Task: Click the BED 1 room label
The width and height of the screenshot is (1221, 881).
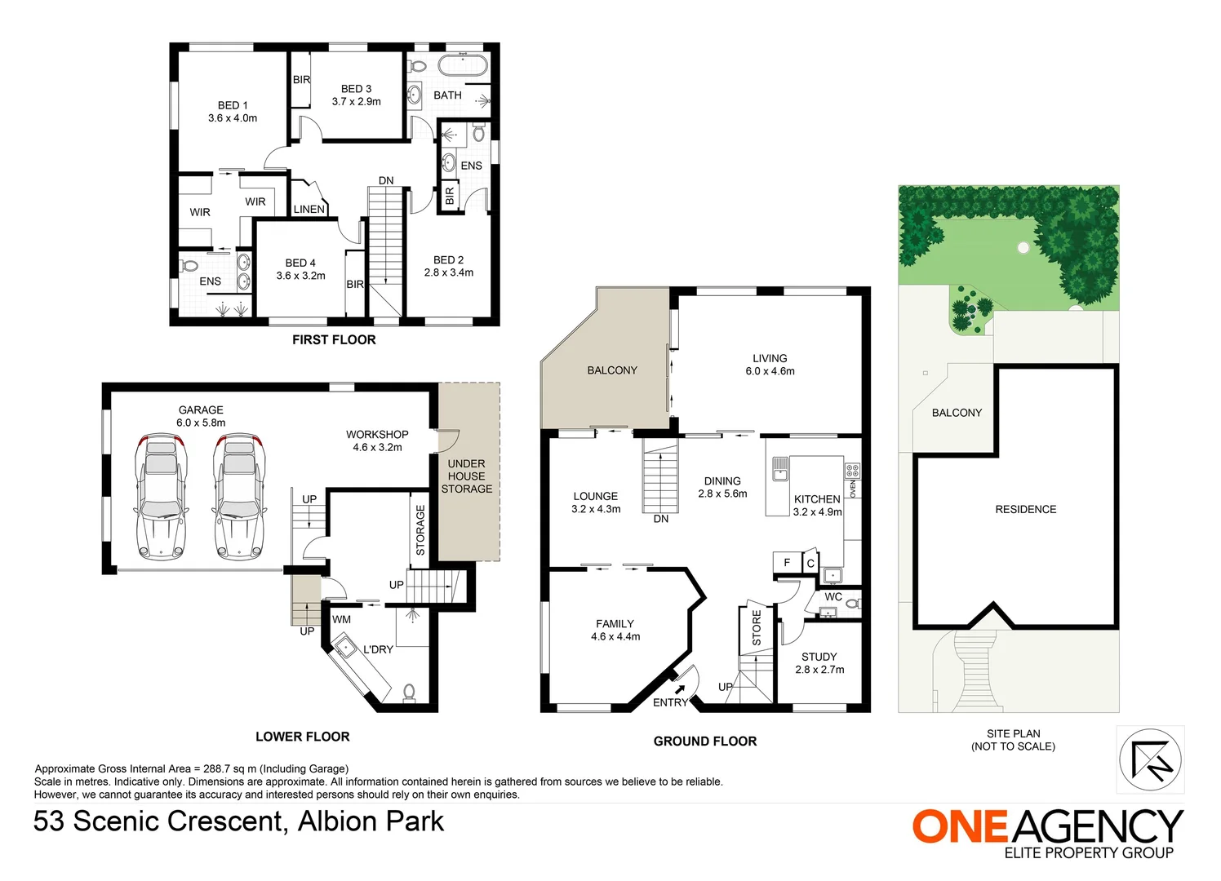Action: click(x=233, y=112)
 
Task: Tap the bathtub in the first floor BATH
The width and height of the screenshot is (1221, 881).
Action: click(x=463, y=66)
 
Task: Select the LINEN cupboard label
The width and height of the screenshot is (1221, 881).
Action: click(x=309, y=210)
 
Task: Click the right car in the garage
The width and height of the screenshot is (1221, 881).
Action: click(x=239, y=498)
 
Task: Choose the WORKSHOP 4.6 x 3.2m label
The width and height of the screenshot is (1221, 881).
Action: click(x=377, y=440)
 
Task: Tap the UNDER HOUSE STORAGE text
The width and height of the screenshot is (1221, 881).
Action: click(x=467, y=476)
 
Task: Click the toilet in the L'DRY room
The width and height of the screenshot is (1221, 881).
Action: click(x=410, y=693)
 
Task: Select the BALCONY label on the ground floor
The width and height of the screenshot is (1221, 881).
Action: click(x=612, y=370)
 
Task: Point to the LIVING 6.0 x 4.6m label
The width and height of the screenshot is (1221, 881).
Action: click(x=770, y=365)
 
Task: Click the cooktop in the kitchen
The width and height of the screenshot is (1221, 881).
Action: click(x=852, y=471)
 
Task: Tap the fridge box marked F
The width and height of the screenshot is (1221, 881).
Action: click(x=787, y=563)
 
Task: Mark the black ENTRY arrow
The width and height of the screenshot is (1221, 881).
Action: click(x=680, y=689)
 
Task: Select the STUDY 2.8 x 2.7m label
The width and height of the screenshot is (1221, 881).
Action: click(x=819, y=663)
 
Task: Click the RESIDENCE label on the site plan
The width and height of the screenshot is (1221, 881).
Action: click(x=1025, y=509)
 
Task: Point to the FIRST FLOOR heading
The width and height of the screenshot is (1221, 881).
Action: click(x=334, y=340)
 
